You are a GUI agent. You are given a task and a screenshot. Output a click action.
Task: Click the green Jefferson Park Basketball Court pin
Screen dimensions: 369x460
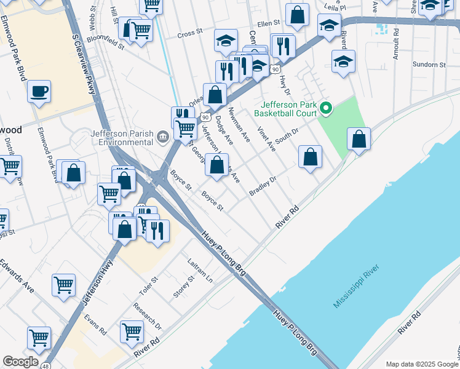click(x=327, y=109)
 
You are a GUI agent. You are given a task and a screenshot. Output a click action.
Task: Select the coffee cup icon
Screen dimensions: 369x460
click(x=39, y=91)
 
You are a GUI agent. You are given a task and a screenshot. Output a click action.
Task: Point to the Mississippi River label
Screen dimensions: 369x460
click(x=357, y=287)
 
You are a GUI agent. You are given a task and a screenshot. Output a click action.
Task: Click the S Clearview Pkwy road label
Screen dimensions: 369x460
click(x=84, y=63)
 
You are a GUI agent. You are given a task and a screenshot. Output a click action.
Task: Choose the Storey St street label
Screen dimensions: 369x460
click(x=183, y=286)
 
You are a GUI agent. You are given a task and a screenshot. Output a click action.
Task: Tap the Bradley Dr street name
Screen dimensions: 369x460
click(x=263, y=187)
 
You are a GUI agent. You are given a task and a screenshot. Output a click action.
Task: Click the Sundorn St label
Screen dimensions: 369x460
click(x=429, y=65)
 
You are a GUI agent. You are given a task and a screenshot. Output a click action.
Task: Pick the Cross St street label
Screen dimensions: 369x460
click(x=189, y=33)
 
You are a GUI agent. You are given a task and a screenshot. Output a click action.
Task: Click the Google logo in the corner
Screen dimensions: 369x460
click(x=20, y=362)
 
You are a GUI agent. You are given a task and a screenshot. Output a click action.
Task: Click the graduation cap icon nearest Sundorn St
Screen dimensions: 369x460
click(x=343, y=61)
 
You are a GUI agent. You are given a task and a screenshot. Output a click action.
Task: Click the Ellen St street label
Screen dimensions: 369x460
click(x=269, y=23)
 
